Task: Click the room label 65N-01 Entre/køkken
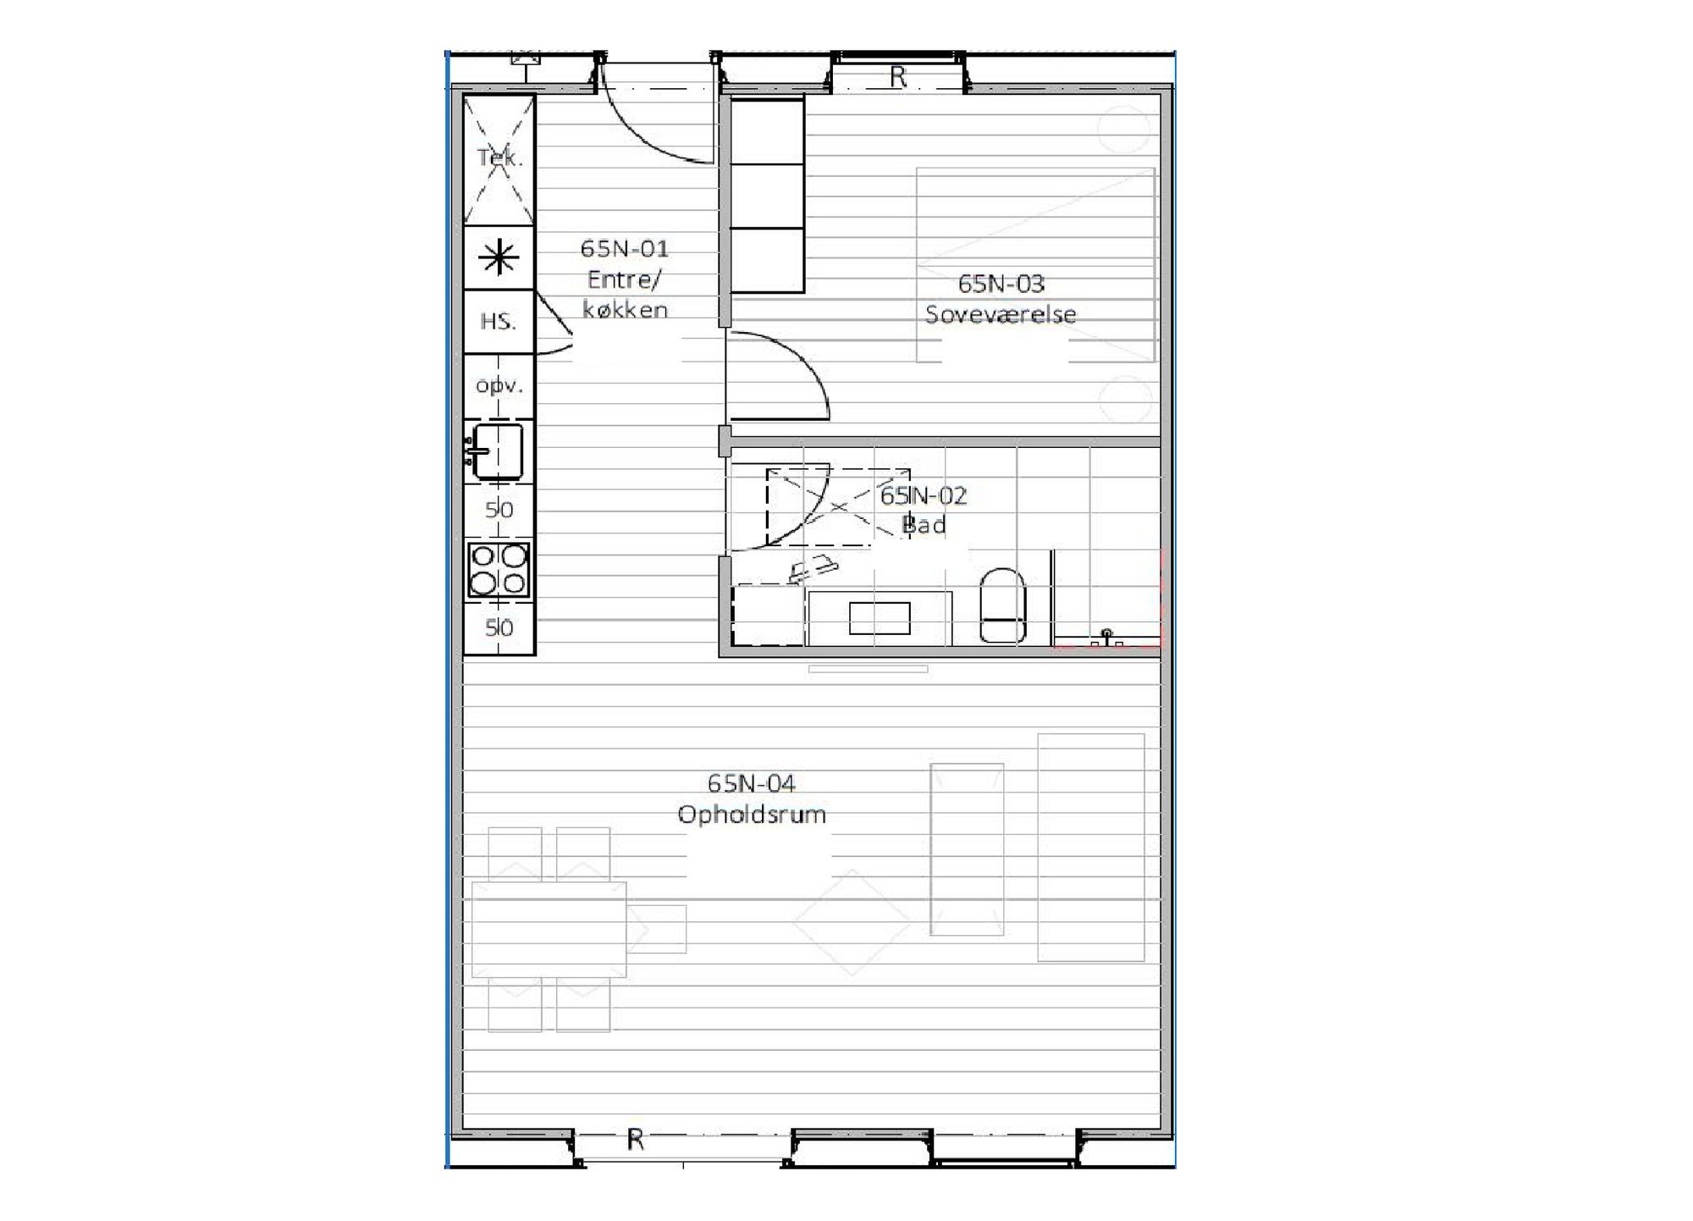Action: click(x=625, y=279)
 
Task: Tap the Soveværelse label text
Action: click(x=1001, y=314)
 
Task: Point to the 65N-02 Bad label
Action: click(x=923, y=510)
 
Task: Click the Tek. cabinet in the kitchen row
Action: click(x=499, y=159)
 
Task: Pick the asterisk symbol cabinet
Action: click(x=499, y=257)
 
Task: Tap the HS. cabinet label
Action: click(x=498, y=322)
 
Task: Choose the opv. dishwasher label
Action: click(x=499, y=386)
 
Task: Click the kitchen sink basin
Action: click(x=498, y=450)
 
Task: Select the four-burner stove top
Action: click(x=499, y=570)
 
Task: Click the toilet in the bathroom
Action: click(x=1002, y=605)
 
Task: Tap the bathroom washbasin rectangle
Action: click(x=880, y=618)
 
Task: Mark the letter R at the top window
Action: click(x=898, y=77)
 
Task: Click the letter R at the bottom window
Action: click(x=636, y=1140)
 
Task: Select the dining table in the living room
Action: click(x=549, y=930)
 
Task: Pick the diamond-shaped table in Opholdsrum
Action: click(x=852, y=922)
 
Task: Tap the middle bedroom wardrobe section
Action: click(x=767, y=196)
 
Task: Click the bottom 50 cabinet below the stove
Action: click(x=499, y=628)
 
